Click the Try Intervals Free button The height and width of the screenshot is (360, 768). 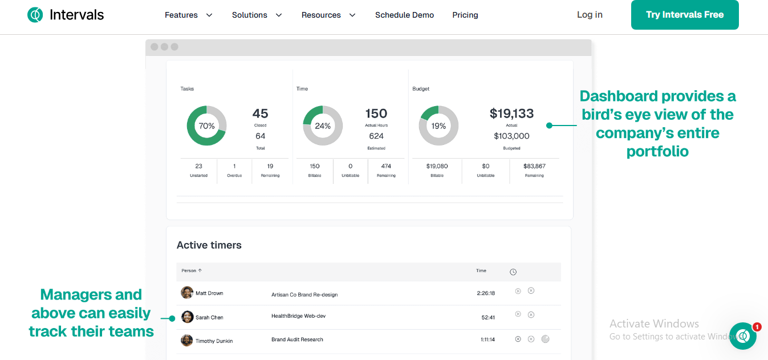click(x=685, y=15)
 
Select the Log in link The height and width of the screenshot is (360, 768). click(x=590, y=15)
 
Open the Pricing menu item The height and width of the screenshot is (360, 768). click(x=465, y=15)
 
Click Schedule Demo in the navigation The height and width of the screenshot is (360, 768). click(x=404, y=15)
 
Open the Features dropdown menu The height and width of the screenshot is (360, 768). click(x=188, y=15)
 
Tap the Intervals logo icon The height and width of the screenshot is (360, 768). click(x=35, y=15)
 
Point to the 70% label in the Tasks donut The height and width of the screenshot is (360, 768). click(x=206, y=126)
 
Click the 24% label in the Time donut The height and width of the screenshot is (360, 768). click(x=323, y=126)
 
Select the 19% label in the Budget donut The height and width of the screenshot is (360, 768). click(x=438, y=126)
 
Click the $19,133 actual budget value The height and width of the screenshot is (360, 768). click(x=511, y=114)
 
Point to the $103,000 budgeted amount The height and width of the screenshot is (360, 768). click(x=511, y=136)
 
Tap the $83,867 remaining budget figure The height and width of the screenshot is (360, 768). click(x=534, y=166)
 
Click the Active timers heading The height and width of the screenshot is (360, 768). click(x=209, y=245)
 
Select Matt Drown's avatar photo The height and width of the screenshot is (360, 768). click(x=187, y=293)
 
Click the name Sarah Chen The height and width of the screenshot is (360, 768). click(x=209, y=317)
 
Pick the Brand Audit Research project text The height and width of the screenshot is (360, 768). click(x=297, y=339)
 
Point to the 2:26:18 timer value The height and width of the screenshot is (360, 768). click(x=486, y=293)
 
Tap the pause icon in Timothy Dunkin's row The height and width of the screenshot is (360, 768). click(x=518, y=339)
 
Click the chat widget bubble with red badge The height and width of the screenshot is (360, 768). click(x=743, y=336)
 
